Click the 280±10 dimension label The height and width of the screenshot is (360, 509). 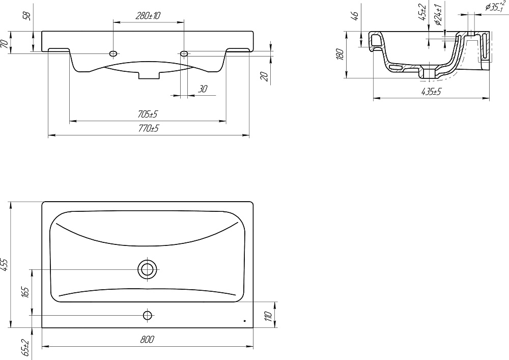(x=148, y=16)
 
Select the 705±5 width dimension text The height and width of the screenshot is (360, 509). (x=148, y=114)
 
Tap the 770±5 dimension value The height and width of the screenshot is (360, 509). (x=148, y=128)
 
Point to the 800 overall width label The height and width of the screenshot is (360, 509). (x=148, y=340)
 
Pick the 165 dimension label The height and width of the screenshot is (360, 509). (x=26, y=292)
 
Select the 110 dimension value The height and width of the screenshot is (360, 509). (x=268, y=316)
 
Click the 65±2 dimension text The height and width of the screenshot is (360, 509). (x=26, y=347)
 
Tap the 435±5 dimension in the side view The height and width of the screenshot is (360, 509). (x=431, y=92)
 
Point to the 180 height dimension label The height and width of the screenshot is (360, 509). (x=340, y=54)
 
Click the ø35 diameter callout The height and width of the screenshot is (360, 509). (x=495, y=7)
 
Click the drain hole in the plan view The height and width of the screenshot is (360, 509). (x=148, y=269)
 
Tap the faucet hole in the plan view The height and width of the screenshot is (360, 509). (x=148, y=315)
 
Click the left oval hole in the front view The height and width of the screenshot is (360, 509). (x=114, y=53)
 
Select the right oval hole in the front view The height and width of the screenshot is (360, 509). (x=184, y=53)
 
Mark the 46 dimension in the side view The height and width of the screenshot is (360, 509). (x=355, y=15)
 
